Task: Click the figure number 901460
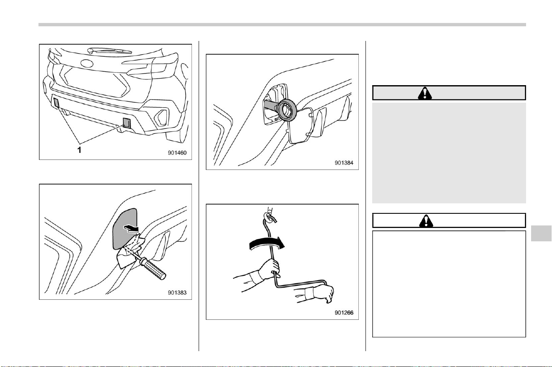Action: (x=177, y=153)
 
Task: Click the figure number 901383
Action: (x=177, y=293)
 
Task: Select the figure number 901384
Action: (x=344, y=163)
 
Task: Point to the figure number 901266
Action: (x=344, y=313)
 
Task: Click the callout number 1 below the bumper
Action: (x=79, y=150)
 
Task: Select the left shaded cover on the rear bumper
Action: (x=56, y=102)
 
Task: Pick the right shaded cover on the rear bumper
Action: (x=127, y=123)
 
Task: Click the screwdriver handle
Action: (x=153, y=269)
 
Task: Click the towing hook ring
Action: (x=287, y=111)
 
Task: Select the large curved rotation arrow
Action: (x=267, y=243)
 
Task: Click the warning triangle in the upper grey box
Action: (x=425, y=93)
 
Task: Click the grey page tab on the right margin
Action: (x=541, y=233)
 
